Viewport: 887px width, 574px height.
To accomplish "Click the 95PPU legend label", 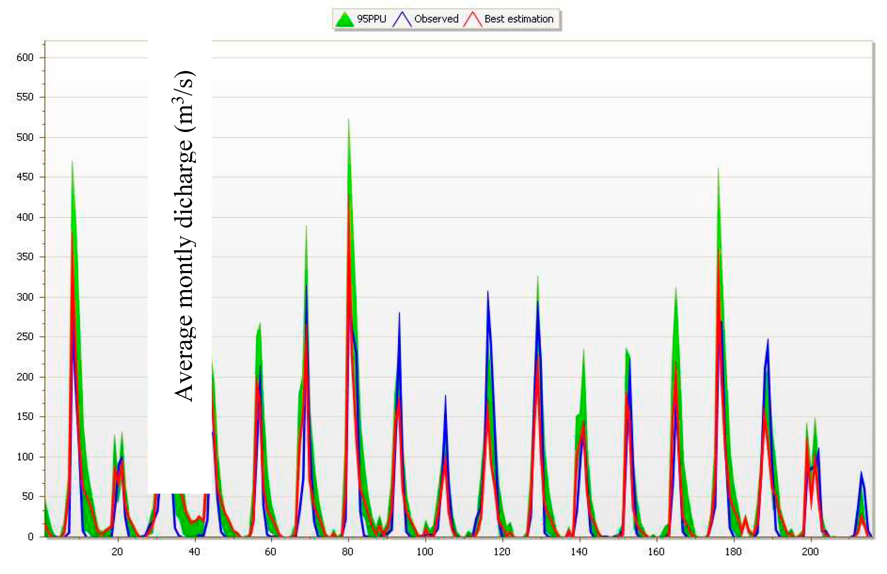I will [x=371, y=19].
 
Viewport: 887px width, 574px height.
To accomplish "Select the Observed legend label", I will [x=436, y=19].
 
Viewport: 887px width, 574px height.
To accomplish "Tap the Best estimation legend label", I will [x=519, y=19].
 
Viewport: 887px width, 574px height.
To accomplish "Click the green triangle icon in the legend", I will [x=344, y=20].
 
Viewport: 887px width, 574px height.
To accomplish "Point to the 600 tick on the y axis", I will [x=25, y=57].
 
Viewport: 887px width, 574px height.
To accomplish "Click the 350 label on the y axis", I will [x=25, y=257].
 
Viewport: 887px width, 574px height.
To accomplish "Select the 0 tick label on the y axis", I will [x=31, y=537].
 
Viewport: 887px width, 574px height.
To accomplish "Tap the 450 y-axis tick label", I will [x=25, y=177].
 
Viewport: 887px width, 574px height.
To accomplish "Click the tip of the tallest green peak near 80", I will [x=349, y=119].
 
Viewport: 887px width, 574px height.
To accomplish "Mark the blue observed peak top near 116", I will [x=487, y=291].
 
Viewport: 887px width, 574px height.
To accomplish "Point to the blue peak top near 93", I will [x=399, y=313].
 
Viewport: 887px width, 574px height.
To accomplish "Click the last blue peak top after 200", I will [x=861, y=472].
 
